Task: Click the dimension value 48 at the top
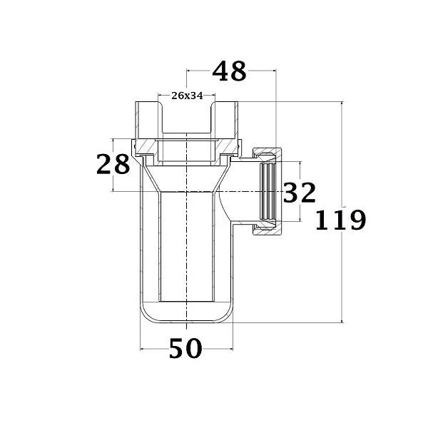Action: point(229,71)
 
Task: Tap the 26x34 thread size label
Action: point(186,96)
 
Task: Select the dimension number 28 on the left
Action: point(113,164)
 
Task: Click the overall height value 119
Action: point(340,220)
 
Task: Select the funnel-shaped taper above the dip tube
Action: point(187,178)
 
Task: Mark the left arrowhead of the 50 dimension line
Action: point(143,349)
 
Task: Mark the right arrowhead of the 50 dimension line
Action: point(231,349)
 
